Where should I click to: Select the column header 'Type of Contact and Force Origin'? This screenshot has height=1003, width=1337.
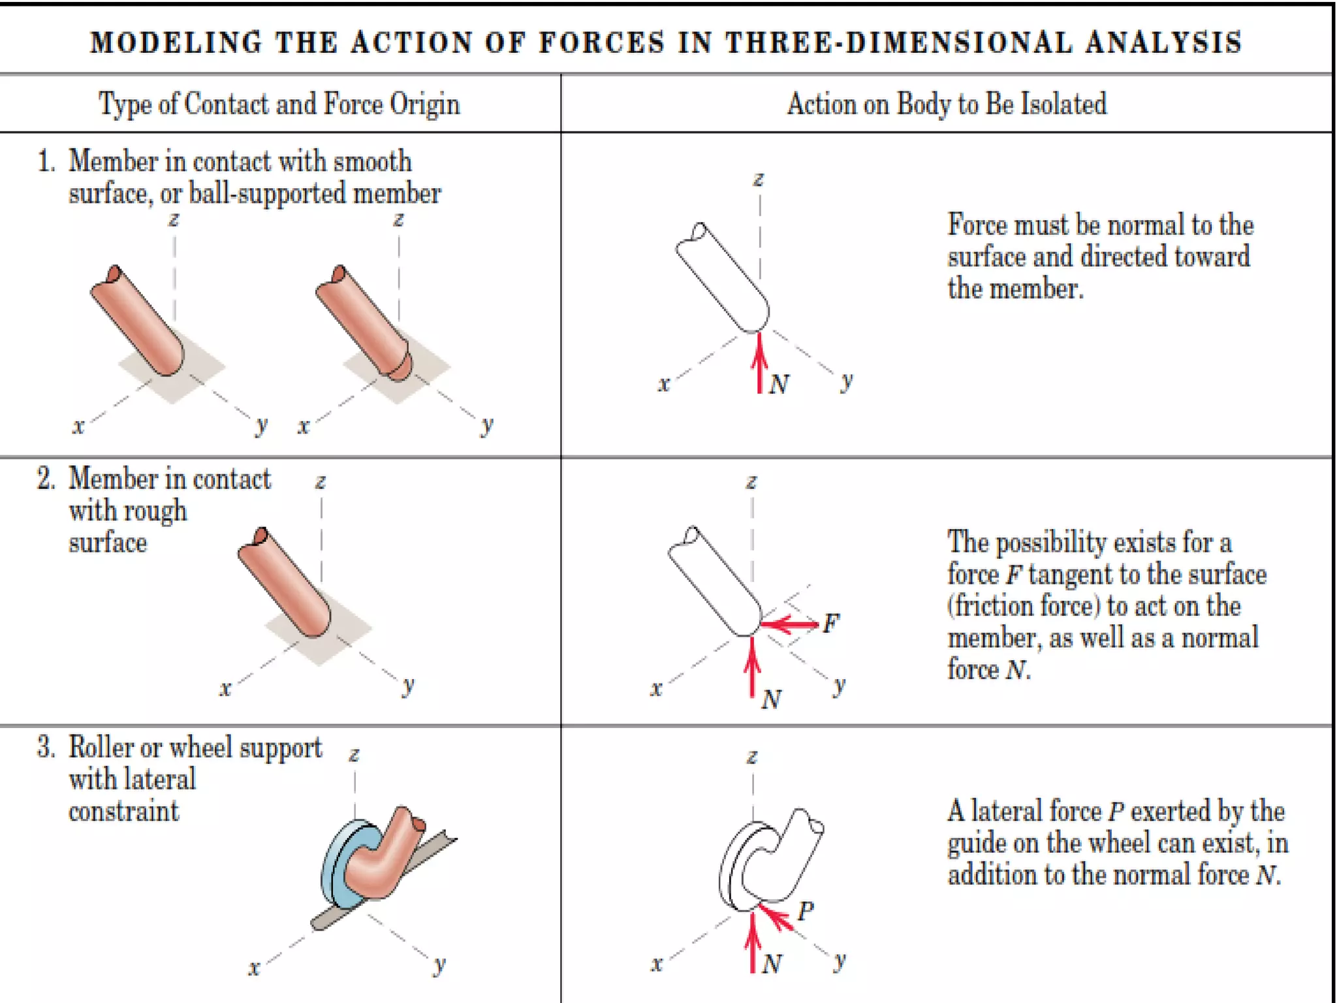[279, 104]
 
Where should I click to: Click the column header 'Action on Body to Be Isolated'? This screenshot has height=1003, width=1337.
[947, 104]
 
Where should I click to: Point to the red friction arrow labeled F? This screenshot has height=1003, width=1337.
[790, 625]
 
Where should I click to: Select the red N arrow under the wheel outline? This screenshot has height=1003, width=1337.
[753, 944]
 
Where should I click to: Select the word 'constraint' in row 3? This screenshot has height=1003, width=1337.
[123, 811]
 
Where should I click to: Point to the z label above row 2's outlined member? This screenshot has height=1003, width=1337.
[751, 482]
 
